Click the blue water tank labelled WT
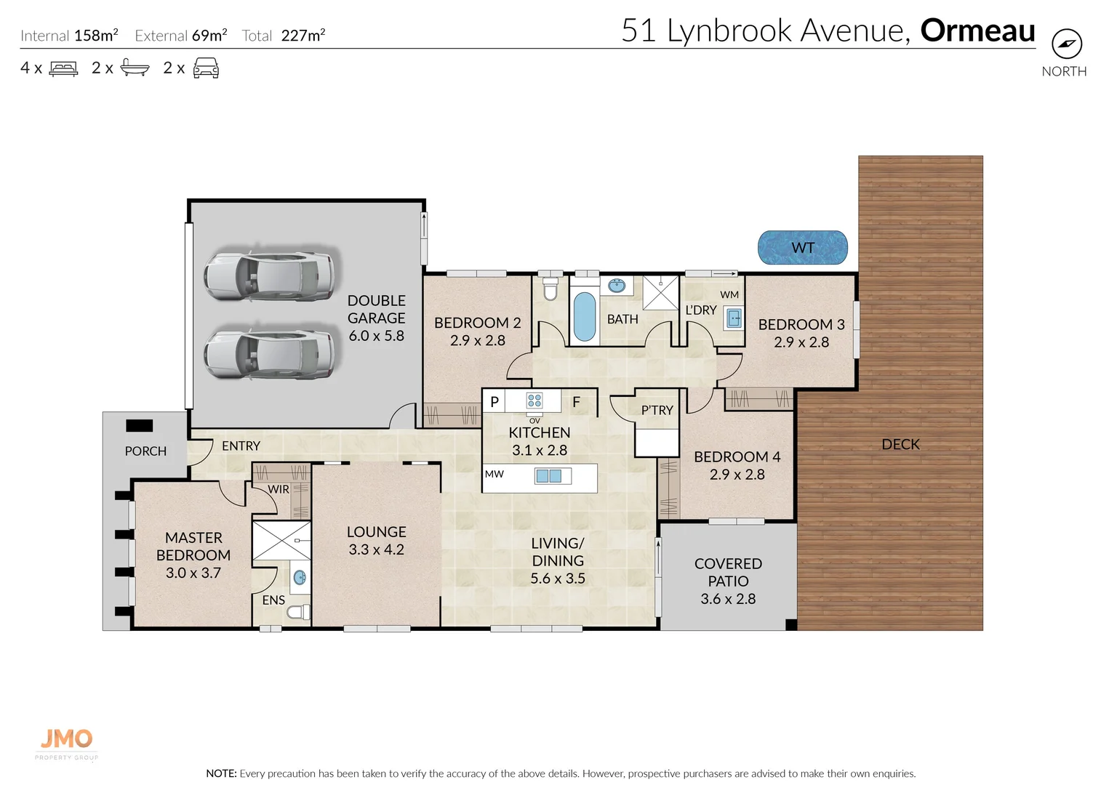(x=802, y=248)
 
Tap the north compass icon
(x=1066, y=44)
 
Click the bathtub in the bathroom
(x=584, y=317)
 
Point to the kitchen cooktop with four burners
(x=535, y=401)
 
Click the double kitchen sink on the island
(x=548, y=476)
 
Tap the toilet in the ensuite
(x=297, y=612)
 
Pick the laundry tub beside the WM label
(x=733, y=318)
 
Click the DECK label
(x=900, y=444)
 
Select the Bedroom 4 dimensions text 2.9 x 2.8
(x=737, y=475)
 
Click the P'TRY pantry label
(x=657, y=411)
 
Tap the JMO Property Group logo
(x=66, y=742)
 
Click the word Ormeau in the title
(x=977, y=31)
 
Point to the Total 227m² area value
(x=303, y=36)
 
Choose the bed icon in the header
(x=63, y=69)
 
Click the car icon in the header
(x=206, y=69)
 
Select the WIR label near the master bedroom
(x=279, y=489)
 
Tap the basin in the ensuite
(x=299, y=579)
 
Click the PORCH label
(x=145, y=451)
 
